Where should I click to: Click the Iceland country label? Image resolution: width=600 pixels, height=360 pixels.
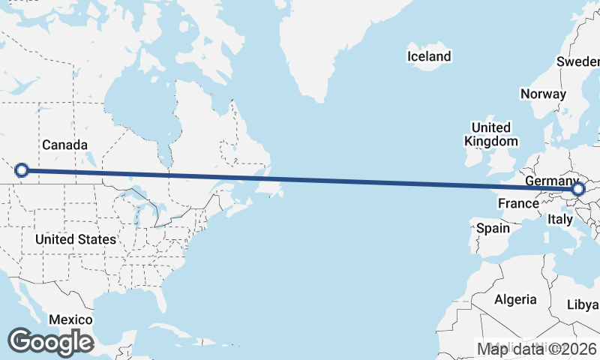[429, 56]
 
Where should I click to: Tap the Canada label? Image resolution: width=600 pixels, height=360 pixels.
[65, 145]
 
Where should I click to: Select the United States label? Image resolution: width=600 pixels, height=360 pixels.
[76, 239]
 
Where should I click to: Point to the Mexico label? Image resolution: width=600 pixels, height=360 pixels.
[70, 319]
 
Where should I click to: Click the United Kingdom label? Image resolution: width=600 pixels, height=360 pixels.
[490, 134]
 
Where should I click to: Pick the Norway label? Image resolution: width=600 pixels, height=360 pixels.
[542, 94]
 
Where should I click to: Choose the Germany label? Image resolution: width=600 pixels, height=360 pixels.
[550, 182]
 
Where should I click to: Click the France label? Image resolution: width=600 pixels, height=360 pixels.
[518, 203]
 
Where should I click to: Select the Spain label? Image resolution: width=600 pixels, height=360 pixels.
[492, 228]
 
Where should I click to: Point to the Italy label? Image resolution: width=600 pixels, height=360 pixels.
[559, 219]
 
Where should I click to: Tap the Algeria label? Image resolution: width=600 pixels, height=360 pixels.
[515, 299]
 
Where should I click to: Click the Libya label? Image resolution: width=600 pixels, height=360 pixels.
[583, 304]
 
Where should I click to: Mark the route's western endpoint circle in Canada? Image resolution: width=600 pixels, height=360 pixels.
[22, 170]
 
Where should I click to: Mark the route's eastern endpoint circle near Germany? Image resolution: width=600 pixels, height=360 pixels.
[577, 190]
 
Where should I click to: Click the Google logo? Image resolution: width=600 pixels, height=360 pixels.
[50, 342]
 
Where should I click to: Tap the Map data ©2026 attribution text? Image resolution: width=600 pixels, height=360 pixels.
[536, 349]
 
